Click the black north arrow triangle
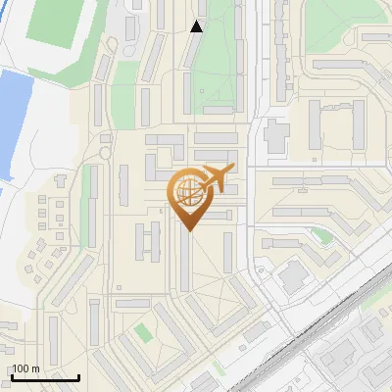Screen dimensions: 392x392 coord(197,26)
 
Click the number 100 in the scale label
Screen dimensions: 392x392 coord(21,368)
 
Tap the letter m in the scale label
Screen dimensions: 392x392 coord(35,368)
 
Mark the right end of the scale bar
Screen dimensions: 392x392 coord(78,378)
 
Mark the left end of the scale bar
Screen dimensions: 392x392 coord(11,378)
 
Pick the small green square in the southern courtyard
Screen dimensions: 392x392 coord(144,332)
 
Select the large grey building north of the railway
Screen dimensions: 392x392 coord(293,277)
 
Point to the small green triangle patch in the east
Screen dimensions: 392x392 coord(321,235)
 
